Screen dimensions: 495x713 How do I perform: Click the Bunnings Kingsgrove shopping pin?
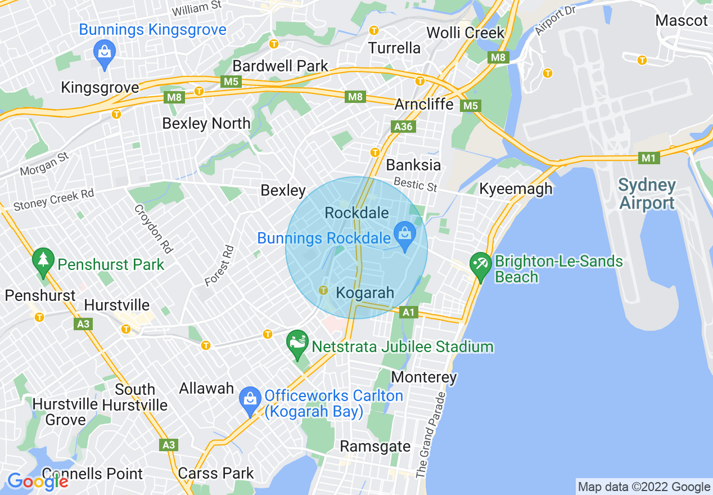click(x=104, y=52)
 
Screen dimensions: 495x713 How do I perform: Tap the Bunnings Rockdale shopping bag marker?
click(x=404, y=232)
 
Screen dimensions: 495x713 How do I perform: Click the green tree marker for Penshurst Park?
click(x=43, y=260)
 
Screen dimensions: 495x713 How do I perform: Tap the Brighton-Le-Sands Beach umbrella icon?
click(x=480, y=264)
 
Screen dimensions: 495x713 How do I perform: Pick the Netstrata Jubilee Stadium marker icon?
click(x=297, y=343)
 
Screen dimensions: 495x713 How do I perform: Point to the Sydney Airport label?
click(x=647, y=193)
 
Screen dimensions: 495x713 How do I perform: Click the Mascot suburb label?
click(x=682, y=21)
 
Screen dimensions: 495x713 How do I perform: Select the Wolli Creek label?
click(x=466, y=33)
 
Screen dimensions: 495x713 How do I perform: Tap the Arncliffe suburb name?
click(x=423, y=104)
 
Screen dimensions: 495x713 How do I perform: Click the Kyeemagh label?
click(x=516, y=189)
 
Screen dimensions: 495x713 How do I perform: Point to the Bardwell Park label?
click(x=280, y=66)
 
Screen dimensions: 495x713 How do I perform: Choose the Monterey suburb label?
click(x=424, y=377)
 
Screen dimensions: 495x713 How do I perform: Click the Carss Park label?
click(x=216, y=473)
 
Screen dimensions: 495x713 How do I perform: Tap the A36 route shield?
click(x=404, y=127)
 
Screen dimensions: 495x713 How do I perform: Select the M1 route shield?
click(x=649, y=159)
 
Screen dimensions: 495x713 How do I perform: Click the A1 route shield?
click(x=409, y=312)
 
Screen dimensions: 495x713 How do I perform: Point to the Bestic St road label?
click(x=416, y=184)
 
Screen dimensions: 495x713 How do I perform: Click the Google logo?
click(x=37, y=481)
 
